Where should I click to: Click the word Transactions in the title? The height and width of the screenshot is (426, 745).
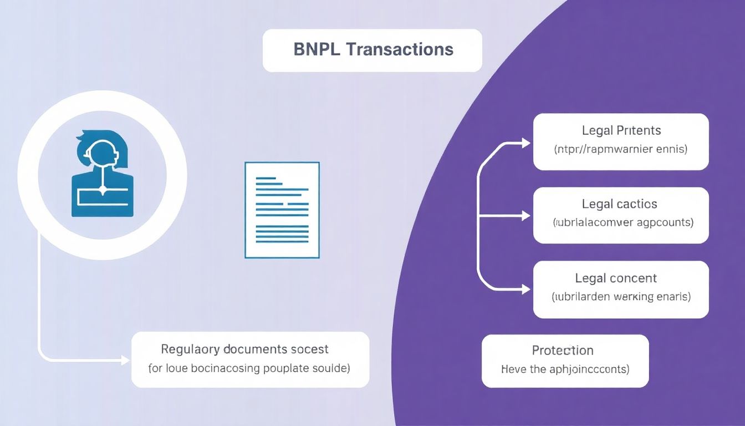pyautogui.click(x=399, y=49)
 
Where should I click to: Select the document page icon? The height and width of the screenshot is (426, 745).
pyautogui.click(x=282, y=210)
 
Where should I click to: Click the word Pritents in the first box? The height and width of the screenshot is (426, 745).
pyautogui.click(x=639, y=131)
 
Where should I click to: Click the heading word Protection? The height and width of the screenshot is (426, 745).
pyautogui.click(x=563, y=351)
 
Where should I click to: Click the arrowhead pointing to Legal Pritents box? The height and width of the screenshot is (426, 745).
pyautogui.click(x=525, y=144)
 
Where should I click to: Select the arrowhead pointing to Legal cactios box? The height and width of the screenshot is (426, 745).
pyautogui.click(x=525, y=216)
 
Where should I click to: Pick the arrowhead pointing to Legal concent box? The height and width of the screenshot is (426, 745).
pyautogui.click(x=525, y=289)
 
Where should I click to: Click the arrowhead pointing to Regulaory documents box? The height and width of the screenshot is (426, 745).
pyautogui.click(x=125, y=361)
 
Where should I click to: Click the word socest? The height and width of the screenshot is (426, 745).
pyautogui.click(x=310, y=349)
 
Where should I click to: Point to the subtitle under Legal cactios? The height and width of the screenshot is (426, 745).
pyautogui.click(x=623, y=223)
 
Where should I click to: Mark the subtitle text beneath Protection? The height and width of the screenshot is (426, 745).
pyautogui.click(x=565, y=369)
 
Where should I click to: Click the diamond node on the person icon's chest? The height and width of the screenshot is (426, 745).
pyautogui.click(x=103, y=190)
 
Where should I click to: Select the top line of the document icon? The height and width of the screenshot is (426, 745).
pyautogui.click(x=266, y=179)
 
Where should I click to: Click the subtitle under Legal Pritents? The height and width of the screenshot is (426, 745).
pyautogui.click(x=620, y=149)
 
